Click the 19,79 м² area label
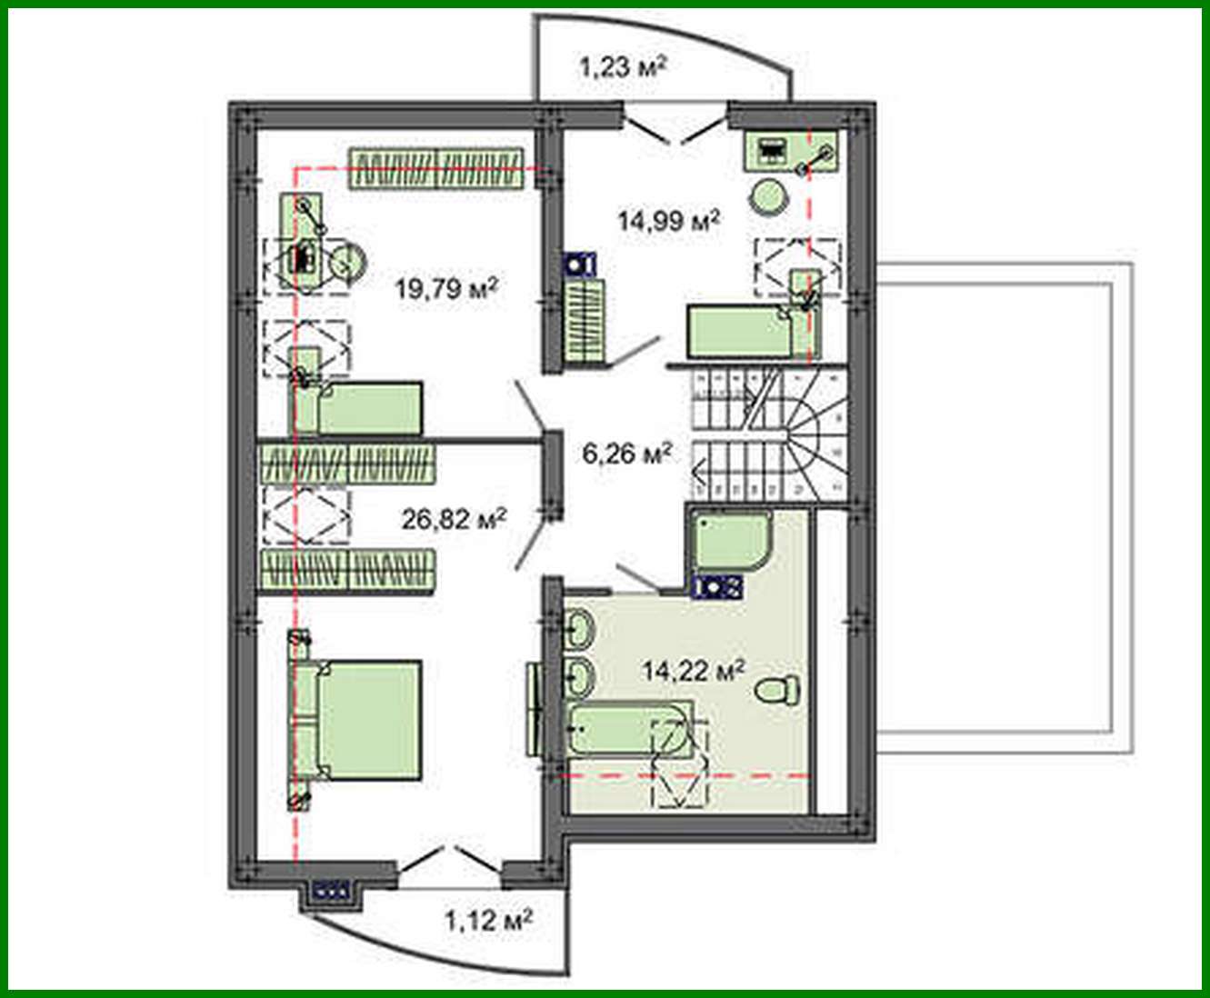pos(446,289)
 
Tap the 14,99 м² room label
pos(669,220)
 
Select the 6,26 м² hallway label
pos(627,452)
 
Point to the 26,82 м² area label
pos(454,519)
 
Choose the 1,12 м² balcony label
pos(487,921)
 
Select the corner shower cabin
pos(729,543)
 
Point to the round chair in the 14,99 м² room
pos(768,195)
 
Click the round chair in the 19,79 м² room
pos(346,262)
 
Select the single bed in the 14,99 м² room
pos(740,331)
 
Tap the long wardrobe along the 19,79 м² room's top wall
pos(438,169)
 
